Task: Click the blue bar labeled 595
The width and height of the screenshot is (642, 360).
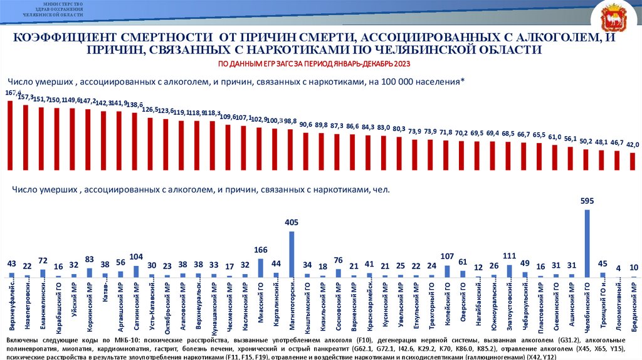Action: coord(587,243)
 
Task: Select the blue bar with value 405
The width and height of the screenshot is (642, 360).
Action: coord(292,254)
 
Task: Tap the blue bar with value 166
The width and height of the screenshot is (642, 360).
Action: coord(261,268)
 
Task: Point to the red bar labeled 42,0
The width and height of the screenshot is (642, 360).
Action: coord(633,161)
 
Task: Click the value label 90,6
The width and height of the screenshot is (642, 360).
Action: coord(306,125)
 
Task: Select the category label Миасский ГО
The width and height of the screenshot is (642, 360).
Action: coord(261,303)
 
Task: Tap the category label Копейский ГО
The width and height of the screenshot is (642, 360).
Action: coord(448,304)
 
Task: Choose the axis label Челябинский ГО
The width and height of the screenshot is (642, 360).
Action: coord(587,307)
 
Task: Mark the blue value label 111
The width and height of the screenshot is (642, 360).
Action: coord(509,256)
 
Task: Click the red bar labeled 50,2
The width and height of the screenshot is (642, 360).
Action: coord(586,159)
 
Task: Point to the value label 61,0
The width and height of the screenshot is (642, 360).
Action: coord(555,137)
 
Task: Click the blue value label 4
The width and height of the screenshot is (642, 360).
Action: coord(619,268)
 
